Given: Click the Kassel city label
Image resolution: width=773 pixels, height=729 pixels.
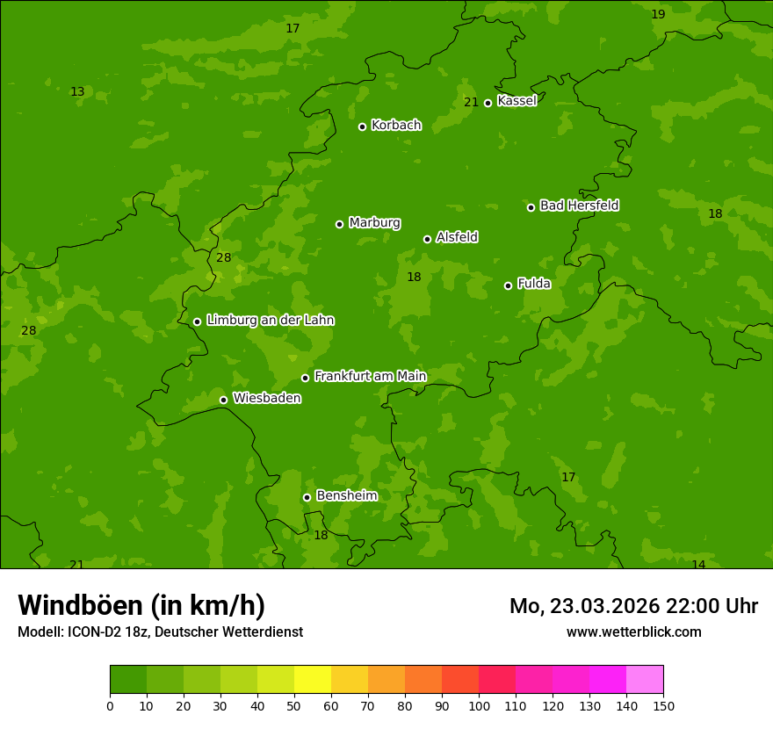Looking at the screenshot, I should tap(517, 101).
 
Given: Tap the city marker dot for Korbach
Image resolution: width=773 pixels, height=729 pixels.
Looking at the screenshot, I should tap(362, 126).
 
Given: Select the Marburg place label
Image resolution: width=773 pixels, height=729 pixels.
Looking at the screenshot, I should tap(374, 223).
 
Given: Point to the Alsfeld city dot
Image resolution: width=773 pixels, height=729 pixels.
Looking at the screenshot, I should tap(427, 239).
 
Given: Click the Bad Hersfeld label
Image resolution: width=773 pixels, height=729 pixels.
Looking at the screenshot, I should tap(579, 206).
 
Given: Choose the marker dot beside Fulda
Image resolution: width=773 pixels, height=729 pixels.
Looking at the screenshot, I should tap(508, 285).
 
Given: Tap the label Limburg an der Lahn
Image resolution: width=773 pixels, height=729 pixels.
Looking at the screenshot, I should tap(270, 321).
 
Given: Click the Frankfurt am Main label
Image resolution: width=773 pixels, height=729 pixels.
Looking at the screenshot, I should tap(370, 376).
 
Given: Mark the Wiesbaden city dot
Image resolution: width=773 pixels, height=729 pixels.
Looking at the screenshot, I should tap(223, 400).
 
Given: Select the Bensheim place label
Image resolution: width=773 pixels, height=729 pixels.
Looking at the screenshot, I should tap(346, 495).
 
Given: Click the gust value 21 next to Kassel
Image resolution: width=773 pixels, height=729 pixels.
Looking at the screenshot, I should tap(471, 103).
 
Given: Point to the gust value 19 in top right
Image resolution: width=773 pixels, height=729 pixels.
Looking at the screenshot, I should tap(658, 14).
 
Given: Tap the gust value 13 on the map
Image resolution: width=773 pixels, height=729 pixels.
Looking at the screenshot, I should tap(77, 92).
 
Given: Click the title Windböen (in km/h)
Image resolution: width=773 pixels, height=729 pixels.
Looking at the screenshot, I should tap(141, 605).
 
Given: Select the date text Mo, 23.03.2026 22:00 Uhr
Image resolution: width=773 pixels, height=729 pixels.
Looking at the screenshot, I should tap(633, 606).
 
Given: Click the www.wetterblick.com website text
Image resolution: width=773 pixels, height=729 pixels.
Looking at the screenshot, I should tap(633, 632).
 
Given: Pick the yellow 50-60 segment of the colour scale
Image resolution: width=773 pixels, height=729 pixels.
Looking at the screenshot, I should tap(313, 680).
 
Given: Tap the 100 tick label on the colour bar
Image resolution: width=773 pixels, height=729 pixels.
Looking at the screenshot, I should tap(479, 705).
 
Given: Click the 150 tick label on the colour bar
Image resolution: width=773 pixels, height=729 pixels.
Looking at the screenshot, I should tap(663, 705).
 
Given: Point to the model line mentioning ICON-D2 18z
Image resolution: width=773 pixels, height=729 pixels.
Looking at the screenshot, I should tap(160, 632).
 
